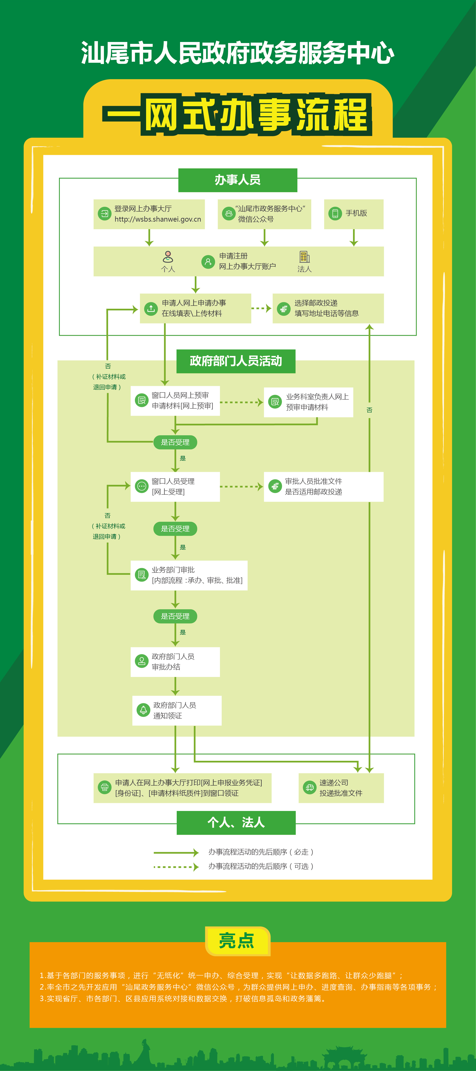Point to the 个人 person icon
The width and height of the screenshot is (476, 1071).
point(168,256)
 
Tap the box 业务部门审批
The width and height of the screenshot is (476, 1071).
point(189,575)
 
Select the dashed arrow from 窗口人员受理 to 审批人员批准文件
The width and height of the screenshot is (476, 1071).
point(241,486)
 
